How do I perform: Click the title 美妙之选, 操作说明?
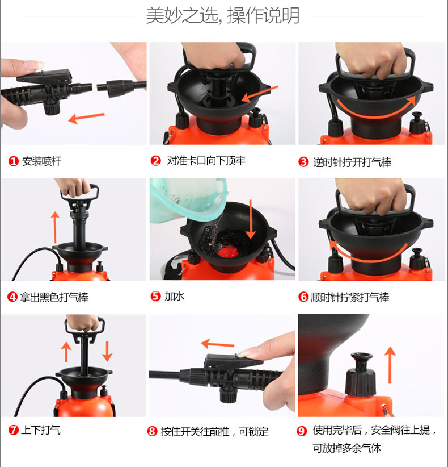click(x=223, y=15)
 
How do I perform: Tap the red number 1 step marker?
click(x=14, y=161)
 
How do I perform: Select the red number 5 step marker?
click(x=155, y=296)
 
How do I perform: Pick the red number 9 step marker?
click(x=302, y=431)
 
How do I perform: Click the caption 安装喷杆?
click(x=41, y=161)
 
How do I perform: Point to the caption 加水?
click(x=175, y=296)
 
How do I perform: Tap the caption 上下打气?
click(x=40, y=430)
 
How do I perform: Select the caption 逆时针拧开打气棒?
click(x=352, y=162)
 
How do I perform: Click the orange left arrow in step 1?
click(x=86, y=118)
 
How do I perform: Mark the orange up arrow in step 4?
click(x=54, y=227)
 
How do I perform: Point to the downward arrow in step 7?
click(x=107, y=352)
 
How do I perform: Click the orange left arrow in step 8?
click(x=218, y=344)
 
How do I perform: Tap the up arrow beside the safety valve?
click(x=390, y=365)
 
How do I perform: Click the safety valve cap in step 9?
click(x=361, y=374)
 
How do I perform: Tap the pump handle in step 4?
click(x=79, y=193)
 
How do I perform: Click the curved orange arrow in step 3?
click(x=376, y=109)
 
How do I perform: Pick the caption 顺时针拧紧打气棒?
click(x=350, y=297)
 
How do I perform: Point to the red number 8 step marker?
click(x=152, y=431)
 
